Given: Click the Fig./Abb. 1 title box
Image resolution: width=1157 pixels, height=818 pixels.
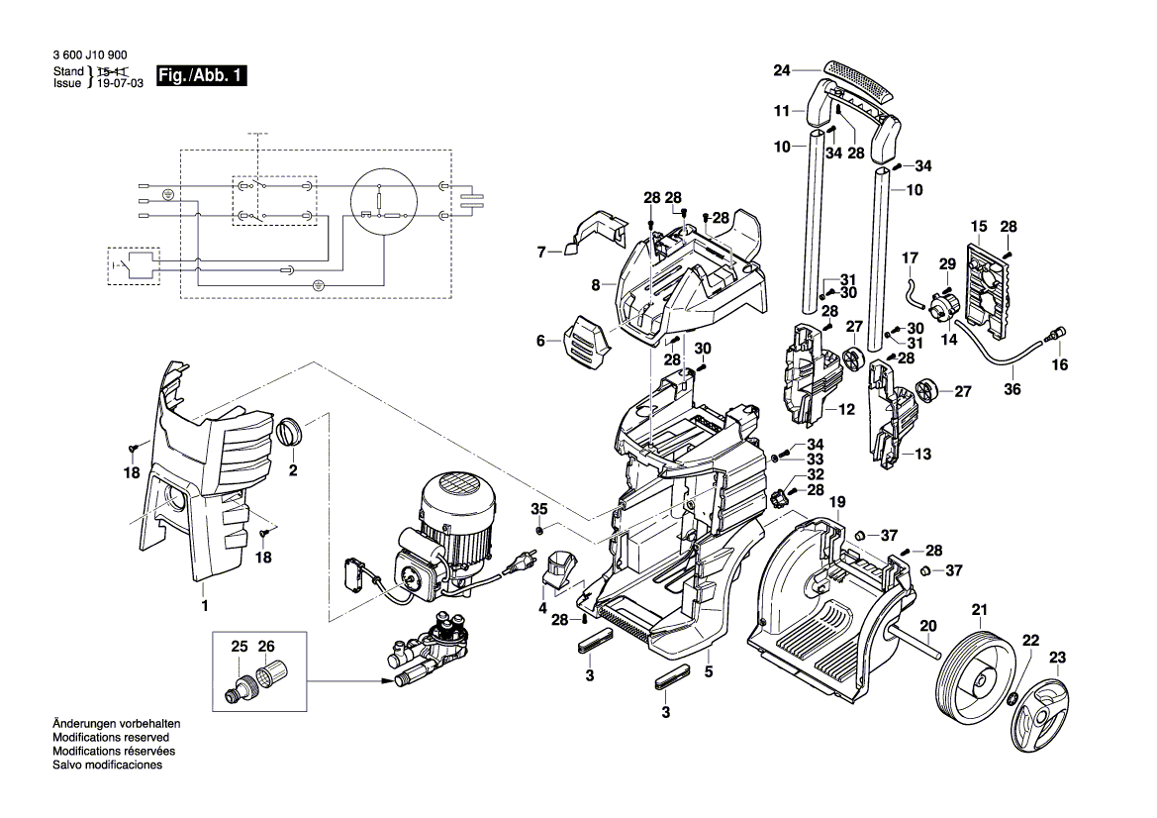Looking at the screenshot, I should coord(201,77).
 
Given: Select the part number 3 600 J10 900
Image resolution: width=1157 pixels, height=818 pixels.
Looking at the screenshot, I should coord(89,56).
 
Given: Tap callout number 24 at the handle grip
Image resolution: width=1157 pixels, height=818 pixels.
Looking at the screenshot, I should coord(782,70).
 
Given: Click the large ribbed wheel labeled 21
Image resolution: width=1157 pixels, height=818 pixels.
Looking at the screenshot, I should coord(974,676).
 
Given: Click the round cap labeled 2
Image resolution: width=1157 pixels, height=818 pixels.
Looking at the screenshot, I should coord(292,432).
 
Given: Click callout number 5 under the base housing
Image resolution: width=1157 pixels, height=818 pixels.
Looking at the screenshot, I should coord(709,671).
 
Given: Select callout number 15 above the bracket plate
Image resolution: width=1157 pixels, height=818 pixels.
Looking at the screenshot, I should coord(979,227).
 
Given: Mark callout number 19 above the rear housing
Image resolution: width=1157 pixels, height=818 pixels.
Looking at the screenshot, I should coord(837,502).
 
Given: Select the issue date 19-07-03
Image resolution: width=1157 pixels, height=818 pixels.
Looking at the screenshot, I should coord(120,84).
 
